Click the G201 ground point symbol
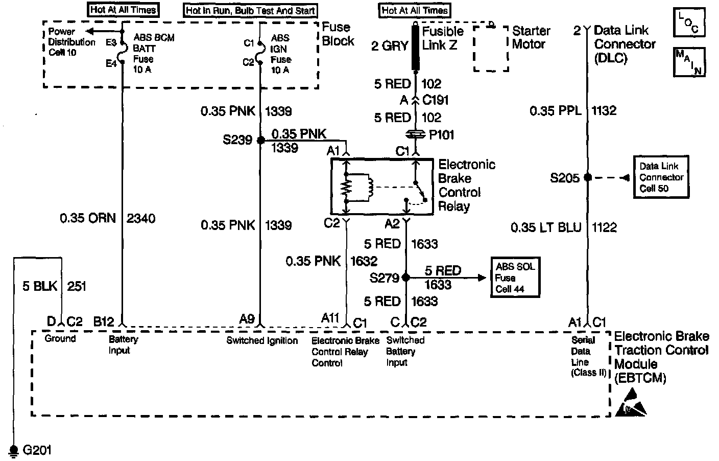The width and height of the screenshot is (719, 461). click(x=14, y=449)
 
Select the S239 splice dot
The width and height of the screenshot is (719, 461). click(x=260, y=140)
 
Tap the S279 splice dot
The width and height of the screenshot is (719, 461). click(x=405, y=278)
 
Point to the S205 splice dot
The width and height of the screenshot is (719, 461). click(x=588, y=177)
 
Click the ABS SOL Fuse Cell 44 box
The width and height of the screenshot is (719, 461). click(x=515, y=278)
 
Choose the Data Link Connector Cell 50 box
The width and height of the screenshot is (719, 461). click(x=661, y=177)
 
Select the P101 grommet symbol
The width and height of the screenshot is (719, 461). click(x=416, y=135)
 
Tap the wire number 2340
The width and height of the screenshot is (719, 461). click(x=140, y=218)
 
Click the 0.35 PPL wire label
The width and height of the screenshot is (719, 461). click(x=555, y=110)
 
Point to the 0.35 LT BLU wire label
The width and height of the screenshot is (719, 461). click(x=546, y=227)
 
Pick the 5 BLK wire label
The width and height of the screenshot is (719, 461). click(x=40, y=286)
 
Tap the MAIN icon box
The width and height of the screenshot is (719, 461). click(x=689, y=61)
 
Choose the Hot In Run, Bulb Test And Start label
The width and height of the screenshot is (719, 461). click(x=250, y=10)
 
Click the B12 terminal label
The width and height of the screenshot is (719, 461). click(x=104, y=320)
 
